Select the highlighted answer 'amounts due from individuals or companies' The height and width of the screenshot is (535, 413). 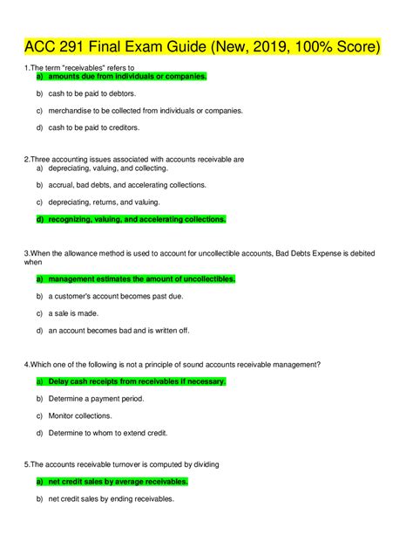coord(128,76)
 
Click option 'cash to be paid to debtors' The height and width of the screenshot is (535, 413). coord(92,93)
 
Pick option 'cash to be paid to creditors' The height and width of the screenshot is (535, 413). coord(94,127)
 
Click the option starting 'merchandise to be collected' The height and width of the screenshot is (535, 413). coord(146,111)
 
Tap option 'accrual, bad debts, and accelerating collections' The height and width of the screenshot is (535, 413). coord(127,185)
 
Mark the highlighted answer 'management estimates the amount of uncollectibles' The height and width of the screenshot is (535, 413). coord(142,279)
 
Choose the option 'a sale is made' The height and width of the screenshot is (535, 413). coord(73,313)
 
